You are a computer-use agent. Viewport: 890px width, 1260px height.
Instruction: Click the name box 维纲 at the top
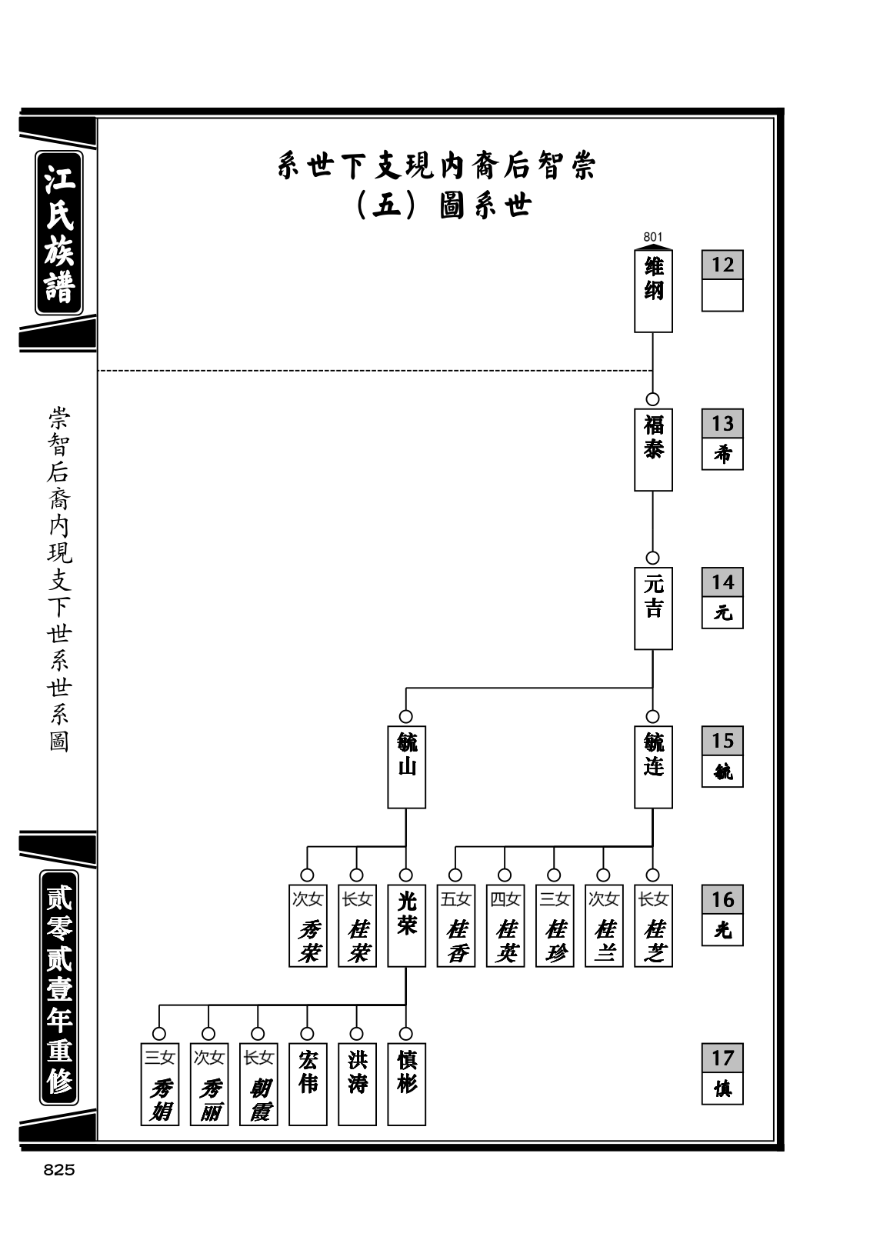click(652, 291)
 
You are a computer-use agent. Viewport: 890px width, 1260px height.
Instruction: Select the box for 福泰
click(652, 449)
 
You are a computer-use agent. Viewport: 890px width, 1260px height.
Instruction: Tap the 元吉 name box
click(652, 608)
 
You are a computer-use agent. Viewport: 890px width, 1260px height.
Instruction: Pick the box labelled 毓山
click(406, 767)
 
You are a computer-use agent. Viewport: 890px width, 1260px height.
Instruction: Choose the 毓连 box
click(652, 767)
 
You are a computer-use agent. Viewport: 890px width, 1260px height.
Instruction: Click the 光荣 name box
click(406, 925)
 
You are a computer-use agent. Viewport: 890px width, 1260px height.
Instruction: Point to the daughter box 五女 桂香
click(455, 925)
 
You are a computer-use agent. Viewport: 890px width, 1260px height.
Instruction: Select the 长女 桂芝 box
click(652, 925)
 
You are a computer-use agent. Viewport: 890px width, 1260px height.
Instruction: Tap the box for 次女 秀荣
click(308, 925)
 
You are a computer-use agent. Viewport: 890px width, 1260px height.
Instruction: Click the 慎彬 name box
click(406, 1084)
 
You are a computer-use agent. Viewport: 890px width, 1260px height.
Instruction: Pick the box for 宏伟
click(308, 1084)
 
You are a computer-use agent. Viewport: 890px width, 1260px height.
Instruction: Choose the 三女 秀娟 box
click(160, 1084)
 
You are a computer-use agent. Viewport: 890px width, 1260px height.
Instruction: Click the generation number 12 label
click(722, 265)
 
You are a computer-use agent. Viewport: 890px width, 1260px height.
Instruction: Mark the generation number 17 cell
click(722, 1058)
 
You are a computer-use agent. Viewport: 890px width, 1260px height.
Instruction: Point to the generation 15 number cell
click(722, 741)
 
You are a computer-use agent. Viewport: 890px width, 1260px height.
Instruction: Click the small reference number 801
click(652, 238)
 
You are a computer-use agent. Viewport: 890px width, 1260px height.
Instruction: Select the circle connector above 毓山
click(405, 717)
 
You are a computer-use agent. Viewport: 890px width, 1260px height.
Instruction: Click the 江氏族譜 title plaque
click(59, 232)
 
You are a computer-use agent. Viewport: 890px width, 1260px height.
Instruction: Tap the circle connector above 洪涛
click(356, 1034)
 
